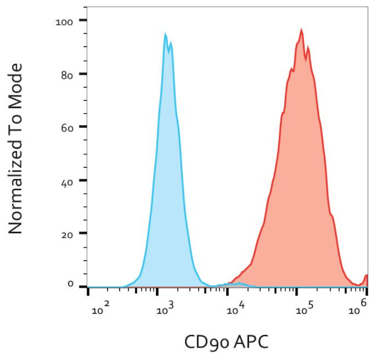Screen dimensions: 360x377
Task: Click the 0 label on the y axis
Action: pyautogui.click(x=70, y=285)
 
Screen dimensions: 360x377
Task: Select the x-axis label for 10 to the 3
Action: pyautogui.click(x=165, y=310)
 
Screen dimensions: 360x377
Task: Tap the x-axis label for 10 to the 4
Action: pyautogui.click(x=234, y=310)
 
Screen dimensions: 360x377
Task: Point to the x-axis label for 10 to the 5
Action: pyautogui.click(x=302, y=310)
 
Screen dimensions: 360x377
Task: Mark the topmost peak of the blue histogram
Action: pyautogui.click(x=165, y=34)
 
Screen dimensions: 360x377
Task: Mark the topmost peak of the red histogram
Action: pyautogui.click(x=302, y=29)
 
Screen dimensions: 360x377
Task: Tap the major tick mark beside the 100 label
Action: pyautogui.click(x=83, y=21)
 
